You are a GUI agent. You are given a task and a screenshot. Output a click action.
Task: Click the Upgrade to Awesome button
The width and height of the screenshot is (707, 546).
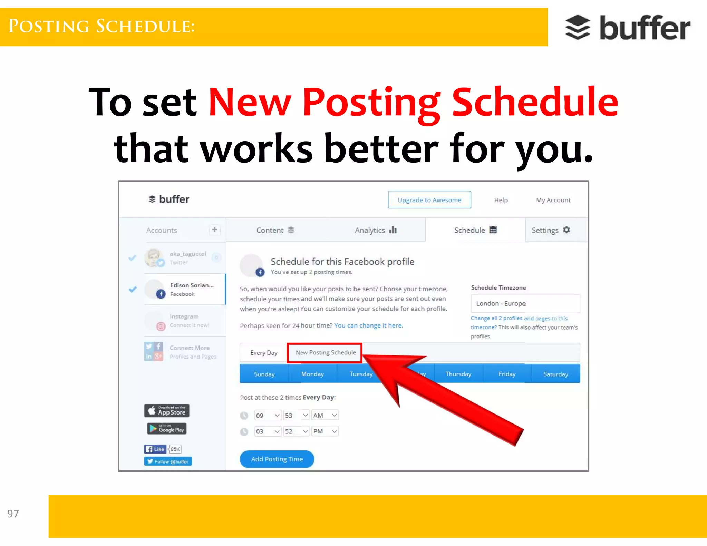click(x=429, y=200)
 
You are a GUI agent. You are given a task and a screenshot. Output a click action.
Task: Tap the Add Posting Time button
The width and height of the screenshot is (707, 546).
click(x=277, y=459)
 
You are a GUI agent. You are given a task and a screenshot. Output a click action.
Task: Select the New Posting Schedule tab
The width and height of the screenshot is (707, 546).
click(x=325, y=353)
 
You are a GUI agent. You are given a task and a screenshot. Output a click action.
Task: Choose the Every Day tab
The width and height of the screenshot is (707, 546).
click(x=264, y=353)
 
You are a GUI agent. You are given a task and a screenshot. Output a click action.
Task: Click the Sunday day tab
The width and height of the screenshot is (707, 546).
click(x=264, y=374)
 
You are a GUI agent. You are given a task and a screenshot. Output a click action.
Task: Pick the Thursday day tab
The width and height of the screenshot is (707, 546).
click(x=458, y=374)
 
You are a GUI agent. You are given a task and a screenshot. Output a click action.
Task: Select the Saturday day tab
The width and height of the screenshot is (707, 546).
click(x=555, y=374)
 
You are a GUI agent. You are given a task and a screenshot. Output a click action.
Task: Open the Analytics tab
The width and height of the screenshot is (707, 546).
click(x=375, y=230)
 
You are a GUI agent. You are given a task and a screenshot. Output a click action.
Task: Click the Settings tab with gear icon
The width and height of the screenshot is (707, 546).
click(x=551, y=230)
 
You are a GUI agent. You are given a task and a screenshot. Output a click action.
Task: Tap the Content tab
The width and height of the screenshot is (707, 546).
click(x=275, y=230)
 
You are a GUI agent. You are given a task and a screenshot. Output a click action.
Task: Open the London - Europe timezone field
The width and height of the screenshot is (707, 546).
click(x=525, y=303)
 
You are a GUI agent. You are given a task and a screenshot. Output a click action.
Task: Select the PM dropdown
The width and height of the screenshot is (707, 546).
click(x=325, y=431)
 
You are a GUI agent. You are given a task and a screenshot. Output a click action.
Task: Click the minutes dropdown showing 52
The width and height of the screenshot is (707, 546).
click(x=296, y=431)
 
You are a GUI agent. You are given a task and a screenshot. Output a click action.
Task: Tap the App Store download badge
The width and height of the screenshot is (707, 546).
click(x=167, y=411)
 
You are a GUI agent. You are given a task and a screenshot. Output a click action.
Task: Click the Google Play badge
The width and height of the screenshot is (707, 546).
click(x=167, y=429)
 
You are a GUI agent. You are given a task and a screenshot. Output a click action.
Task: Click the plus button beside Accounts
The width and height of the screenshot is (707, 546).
click(x=214, y=230)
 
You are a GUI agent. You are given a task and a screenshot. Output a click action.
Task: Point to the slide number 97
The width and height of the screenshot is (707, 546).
click(x=13, y=514)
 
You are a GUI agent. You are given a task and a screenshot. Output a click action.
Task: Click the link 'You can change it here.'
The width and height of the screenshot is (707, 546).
click(x=368, y=325)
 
